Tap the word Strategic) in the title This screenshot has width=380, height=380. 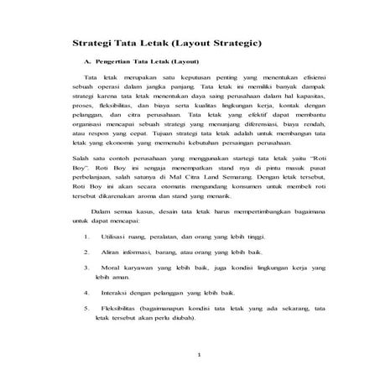point(238,41)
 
